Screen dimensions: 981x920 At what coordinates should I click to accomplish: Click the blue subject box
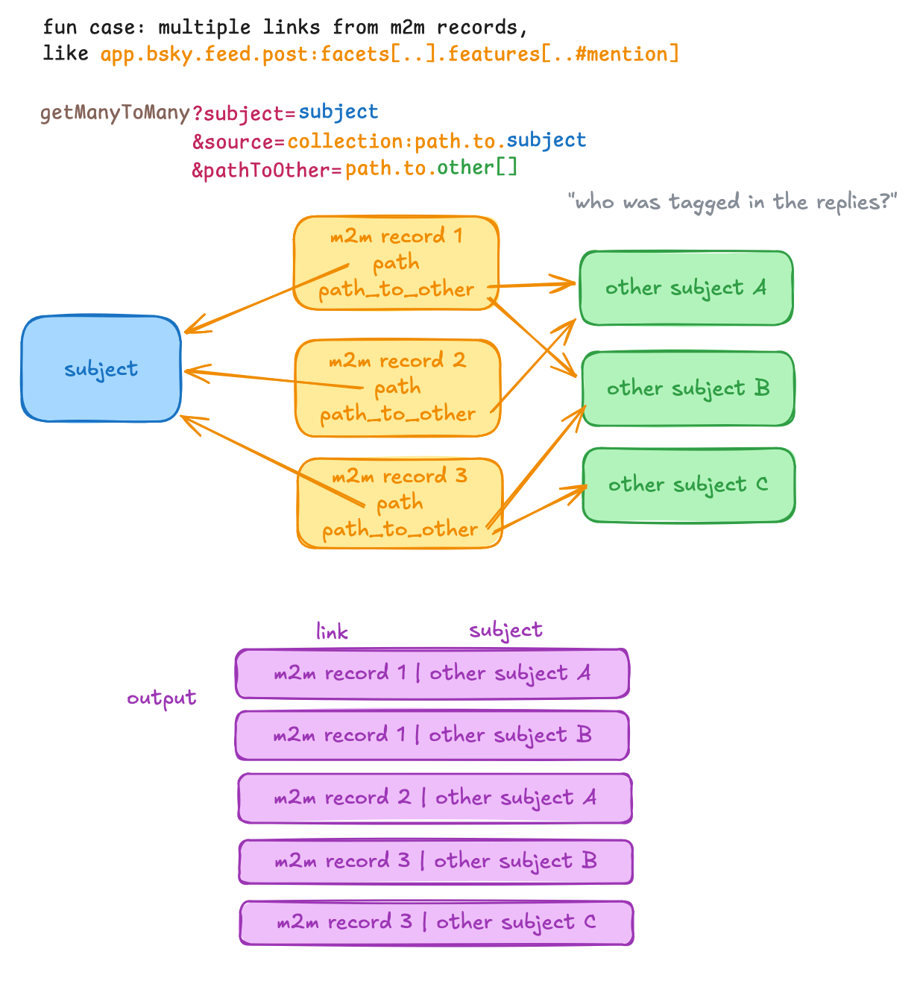tap(101, 368)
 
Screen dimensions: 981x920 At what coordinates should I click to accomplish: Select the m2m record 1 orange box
tap(396, 262)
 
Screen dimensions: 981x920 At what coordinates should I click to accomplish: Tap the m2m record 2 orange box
tap(397, 388)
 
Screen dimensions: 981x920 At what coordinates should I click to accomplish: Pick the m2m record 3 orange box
tap(400, 502)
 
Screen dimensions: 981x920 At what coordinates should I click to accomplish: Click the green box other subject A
tap(686, 288)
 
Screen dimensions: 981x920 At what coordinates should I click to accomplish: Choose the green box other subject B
tap(687, 388)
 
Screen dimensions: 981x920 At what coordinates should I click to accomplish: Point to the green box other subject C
tap(688, 485)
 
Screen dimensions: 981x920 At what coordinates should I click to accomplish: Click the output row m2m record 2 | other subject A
tap(435, 798)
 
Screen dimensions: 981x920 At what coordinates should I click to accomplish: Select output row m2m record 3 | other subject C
tap(436, 923)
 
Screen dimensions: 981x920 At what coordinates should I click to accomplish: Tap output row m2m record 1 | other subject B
tap(432, 736)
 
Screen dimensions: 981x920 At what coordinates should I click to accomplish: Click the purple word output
tap(161, 698)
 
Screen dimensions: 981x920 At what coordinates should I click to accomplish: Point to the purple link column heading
tap(332, 632)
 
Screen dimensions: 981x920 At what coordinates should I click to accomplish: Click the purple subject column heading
tap(505, 631)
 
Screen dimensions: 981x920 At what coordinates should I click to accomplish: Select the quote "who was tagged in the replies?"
tap(731, 202)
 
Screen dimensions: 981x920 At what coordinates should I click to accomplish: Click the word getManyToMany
tap(115, 113)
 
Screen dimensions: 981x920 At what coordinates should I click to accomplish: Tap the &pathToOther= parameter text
tap(266, 171)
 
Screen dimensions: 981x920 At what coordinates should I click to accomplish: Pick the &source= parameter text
tap(239, 142)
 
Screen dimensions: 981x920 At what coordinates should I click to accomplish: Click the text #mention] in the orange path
tap(627, 54)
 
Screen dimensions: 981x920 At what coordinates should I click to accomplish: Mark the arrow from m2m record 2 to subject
tap(272, 379)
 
